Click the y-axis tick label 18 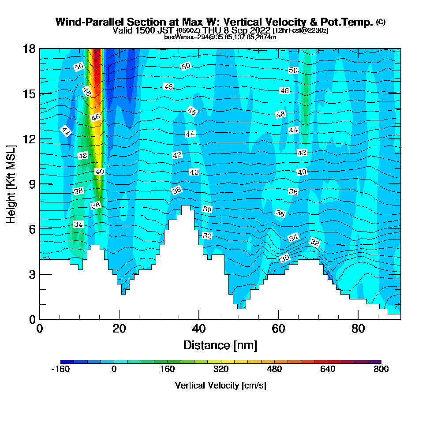tap(29, 49)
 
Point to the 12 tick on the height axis tap(29, 139)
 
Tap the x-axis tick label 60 tap(278, 329)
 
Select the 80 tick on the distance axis tap(358, 329)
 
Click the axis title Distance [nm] tap(220, 345)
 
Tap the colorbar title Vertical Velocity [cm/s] tap(220, 385)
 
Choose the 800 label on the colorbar tap(381, 369)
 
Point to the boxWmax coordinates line tap(220, 37)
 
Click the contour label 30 tap(285, 258)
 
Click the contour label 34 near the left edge tap(78, 224)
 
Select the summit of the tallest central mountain tap(186, 206)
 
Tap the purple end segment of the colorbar tap(374, 362)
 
